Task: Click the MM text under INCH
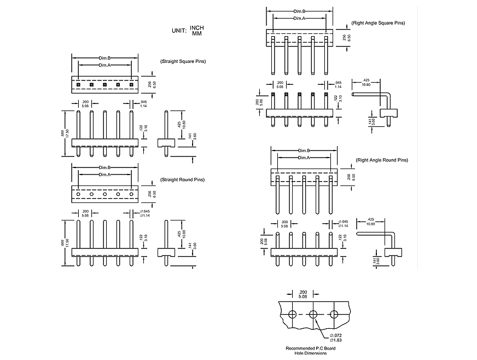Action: pyautogui.click(x=196, y=34)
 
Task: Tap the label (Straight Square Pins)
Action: pyautogui.click(x=183, y=61)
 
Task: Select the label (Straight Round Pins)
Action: pyautogui.click(x=182, y=179)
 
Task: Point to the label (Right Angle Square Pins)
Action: pyautogui.click(x=379, y=24)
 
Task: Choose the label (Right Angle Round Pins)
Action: pyautogui.click(x=382, y=160)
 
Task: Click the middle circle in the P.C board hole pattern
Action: pyautogui.click(x=313, y=315)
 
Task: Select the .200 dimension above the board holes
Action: pyautogui.click(x=303, y=292)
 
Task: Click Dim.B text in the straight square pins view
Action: pyautogui.click(x=104, y=58)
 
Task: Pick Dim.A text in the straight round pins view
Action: pyautogui.click(x=104, y=175)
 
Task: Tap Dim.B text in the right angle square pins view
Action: pyautogui.click(x=299, y=11)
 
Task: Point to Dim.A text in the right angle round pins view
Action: pyautogui.click(x=304, y=158)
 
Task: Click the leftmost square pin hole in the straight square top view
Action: pyautogui.click(x=78, y=84)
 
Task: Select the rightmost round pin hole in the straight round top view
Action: pyautogui.click(x=131, y=194)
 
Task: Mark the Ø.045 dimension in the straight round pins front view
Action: pyautogui.click(x=145, y=212)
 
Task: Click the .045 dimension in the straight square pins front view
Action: pyautogui.click(x=144, y=103)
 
